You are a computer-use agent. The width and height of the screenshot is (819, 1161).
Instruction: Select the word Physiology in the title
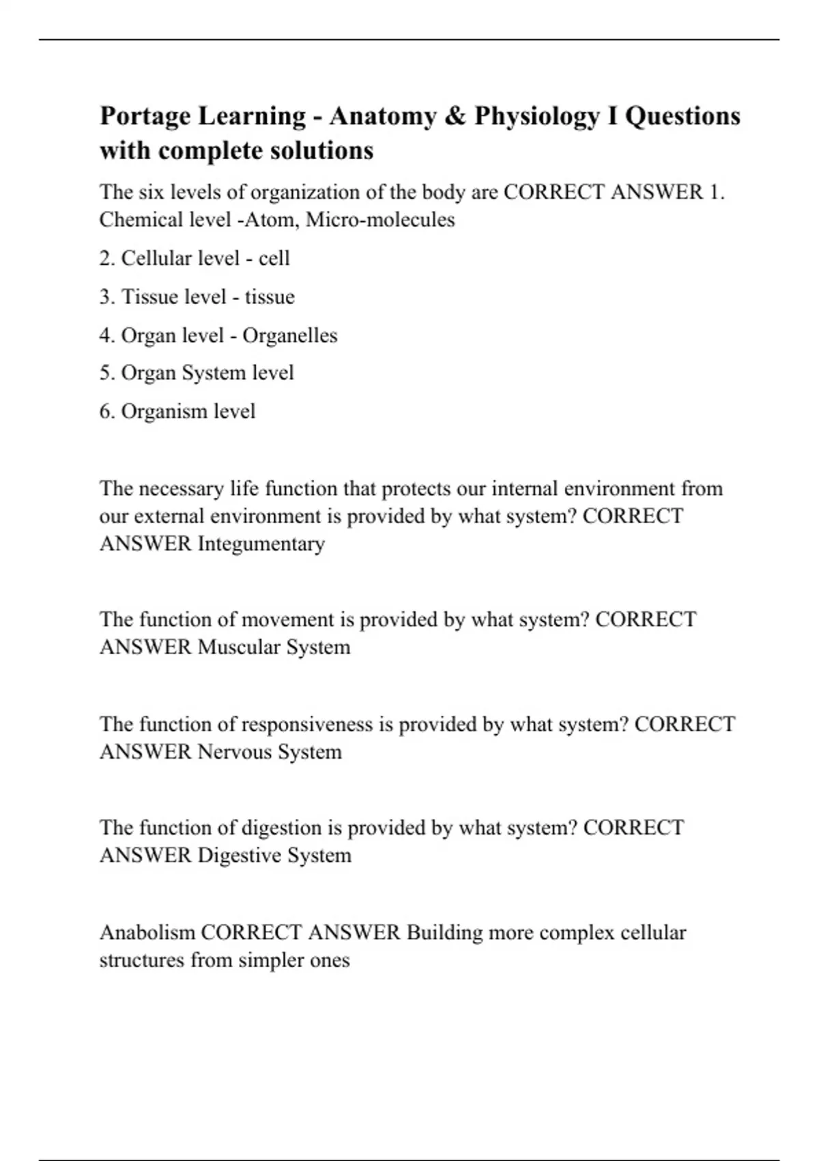(536, 116)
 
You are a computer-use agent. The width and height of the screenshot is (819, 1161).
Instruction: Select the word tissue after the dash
(270, 297)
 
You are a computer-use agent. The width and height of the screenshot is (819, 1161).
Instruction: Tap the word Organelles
(290, 335)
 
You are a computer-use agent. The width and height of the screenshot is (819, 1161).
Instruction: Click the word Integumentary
(261, 544)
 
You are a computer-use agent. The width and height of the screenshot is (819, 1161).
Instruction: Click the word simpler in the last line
(263, 960)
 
